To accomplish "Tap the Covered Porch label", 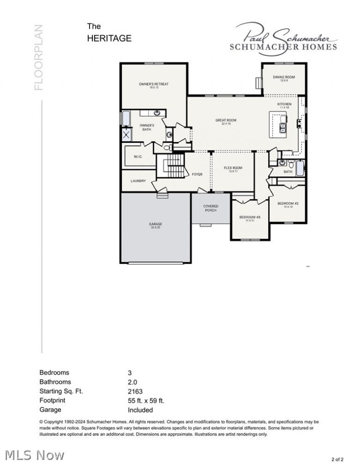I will (210, 208).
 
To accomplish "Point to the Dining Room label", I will (284, 78).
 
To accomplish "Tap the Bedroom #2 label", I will (288, 204).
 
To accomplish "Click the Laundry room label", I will (138, 181).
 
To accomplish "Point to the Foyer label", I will (197, 174).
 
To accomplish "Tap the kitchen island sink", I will (283, 127).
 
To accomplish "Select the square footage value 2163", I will (135, 391).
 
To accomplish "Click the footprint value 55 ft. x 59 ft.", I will (146, 401).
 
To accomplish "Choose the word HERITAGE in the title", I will (109, 39).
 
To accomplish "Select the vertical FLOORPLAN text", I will (38, 57).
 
